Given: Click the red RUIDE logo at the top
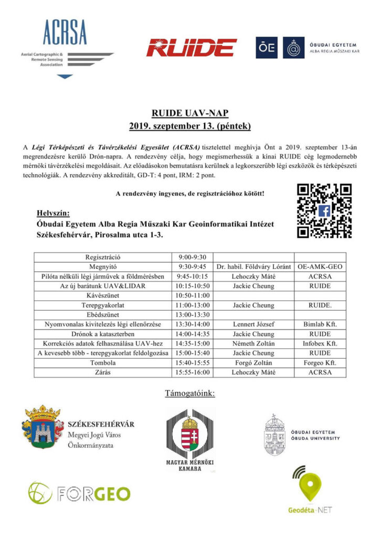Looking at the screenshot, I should click(191, 48).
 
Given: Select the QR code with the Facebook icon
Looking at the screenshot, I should click(324, 211).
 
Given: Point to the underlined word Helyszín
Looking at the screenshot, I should click(52, 213).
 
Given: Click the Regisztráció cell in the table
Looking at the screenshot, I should click(103, 257).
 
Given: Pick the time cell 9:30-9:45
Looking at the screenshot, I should click(193, 267).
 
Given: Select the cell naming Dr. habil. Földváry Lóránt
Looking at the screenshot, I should click(254, 267).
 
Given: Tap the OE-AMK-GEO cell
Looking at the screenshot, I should click(320, 267).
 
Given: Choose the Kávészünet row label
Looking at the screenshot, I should click(103, 296).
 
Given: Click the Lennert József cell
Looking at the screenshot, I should click(254, 325).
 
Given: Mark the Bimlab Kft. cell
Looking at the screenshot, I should click(320, 325).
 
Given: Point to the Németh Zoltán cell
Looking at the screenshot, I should click(254, 343).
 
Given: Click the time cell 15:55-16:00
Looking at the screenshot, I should click(193, 372).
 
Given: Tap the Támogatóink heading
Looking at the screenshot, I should click(189, 393).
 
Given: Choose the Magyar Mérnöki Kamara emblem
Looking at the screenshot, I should click(190, 438).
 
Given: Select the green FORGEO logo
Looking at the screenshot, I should click(79, 493).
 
